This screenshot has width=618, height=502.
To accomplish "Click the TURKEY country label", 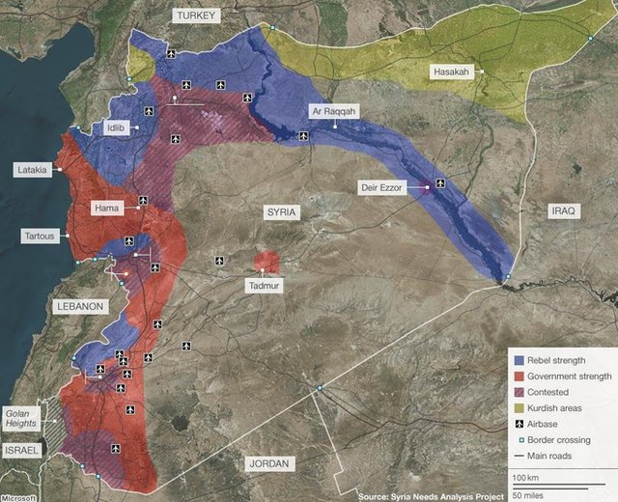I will coord(197,15).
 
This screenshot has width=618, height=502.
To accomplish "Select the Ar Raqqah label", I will coord(333,112).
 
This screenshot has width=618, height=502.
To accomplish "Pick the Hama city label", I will coord(106,208).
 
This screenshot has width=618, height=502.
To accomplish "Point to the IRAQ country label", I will coord(562,210).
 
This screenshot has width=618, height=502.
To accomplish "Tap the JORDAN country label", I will coord(268,464).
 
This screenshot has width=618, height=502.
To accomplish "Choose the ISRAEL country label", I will coord(22,451).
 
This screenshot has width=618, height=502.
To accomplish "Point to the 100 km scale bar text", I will coord(525,478).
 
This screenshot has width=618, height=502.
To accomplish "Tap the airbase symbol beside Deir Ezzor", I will coord(441,182).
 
